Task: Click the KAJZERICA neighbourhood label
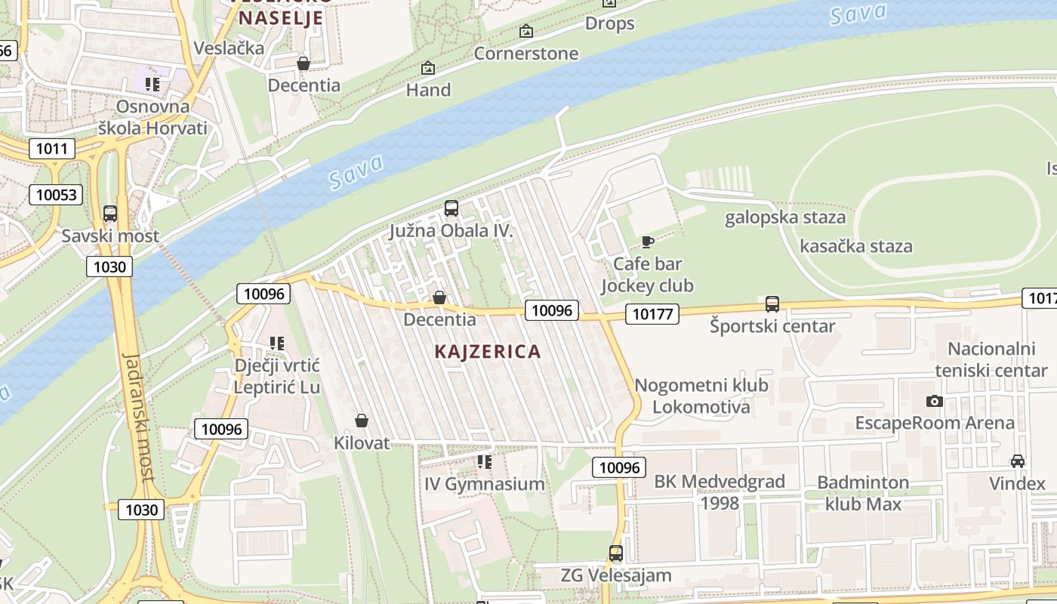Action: click(x=488, y=351)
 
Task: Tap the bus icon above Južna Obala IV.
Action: click(x=451, y=208)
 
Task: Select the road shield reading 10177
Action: click(x=652, y=313)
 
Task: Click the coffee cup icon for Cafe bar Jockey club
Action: click(x=647, y=242)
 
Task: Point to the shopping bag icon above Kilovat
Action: click(x=362, y=421)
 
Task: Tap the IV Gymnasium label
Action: click(x=484, y=484)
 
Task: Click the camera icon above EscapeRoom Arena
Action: click(x=935, y=401)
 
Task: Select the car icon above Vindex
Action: click(x=1018, y=461)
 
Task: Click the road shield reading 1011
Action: click(x=52, y=148)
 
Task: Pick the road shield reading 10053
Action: click(x=56, y=195)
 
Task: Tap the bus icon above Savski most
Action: click(x=110, y=214)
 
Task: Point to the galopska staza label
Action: click(x=785, y=217)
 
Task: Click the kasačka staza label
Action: click(x=855, y=246)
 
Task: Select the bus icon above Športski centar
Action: click(x=772, y=304)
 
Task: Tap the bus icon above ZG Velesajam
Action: click(x=616, y=553)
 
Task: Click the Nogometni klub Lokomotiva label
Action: click(x=701, y=396)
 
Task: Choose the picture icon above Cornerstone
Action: click(x=526, y=31)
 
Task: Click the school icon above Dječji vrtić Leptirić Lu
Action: click(x=277, y=344)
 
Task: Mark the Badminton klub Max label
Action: click(x=863, y=493)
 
